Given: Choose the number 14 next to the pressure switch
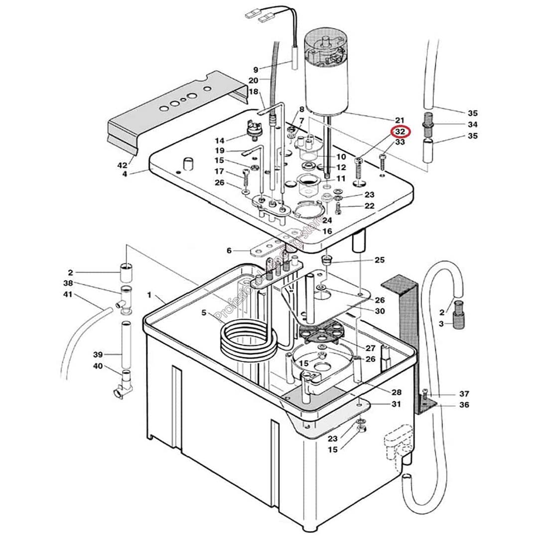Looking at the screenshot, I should (x=220, y=140).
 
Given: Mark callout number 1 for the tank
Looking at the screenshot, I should (x=149, y=295).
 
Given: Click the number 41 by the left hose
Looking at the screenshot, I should (x=68, y=294).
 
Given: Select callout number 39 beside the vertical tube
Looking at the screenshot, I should (x=98, y=355).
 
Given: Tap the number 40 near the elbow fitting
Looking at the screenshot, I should (x=98, y=367).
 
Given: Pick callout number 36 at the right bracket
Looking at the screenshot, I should (x=464, y=405).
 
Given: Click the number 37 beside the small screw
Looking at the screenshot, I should (x=464, y=394).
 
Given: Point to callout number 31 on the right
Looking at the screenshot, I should (x=396, y=404).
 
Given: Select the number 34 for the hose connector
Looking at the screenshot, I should (x=472, y=124).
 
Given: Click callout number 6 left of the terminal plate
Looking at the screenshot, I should (x=229, y=251).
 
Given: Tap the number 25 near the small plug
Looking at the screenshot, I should (x=380, y=260).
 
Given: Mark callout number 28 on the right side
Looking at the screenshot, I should (x=396, y=392).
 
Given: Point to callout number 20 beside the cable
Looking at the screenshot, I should (x=253, y=80).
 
